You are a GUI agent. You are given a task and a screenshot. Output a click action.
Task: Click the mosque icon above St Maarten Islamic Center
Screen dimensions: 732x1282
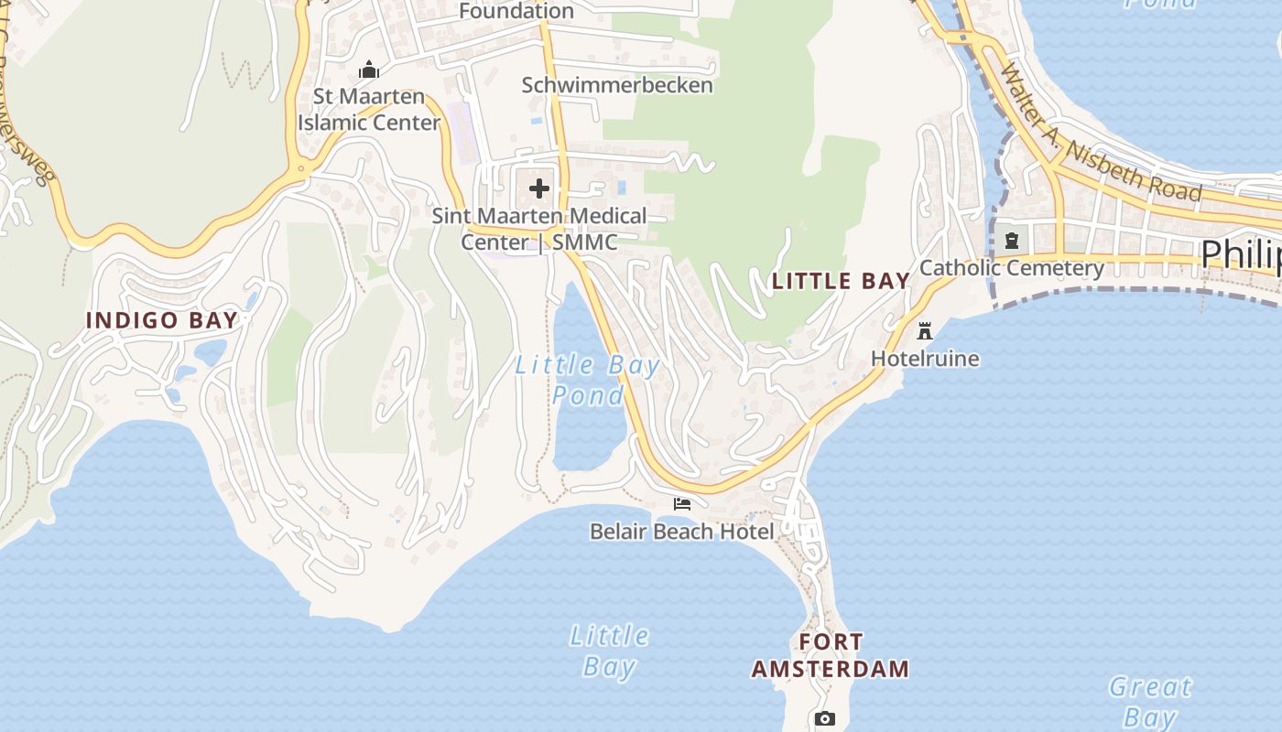[x=369, y=70]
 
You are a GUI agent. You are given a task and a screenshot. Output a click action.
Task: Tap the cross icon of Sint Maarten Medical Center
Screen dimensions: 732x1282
[x=539, y=189]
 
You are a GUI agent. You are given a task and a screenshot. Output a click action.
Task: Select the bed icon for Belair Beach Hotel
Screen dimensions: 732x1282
[x=682, y=504]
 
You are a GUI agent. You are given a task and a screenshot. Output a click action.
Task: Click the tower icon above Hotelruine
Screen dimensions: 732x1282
[x=925, y=330]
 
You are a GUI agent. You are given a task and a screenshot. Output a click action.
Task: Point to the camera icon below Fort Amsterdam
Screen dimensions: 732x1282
[x=825, y=719]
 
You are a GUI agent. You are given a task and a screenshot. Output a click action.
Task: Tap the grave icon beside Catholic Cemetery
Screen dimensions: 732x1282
[x=1012, y=242]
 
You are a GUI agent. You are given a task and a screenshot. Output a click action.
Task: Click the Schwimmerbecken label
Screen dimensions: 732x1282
[x=617, y=85]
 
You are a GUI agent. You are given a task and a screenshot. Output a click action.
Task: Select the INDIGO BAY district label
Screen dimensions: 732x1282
[x=161, y=320]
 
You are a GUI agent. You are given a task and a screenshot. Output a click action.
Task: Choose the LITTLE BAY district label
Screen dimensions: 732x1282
[x=841, y=281]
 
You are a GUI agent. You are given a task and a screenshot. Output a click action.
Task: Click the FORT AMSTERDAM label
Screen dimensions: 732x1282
[x=831, y=655]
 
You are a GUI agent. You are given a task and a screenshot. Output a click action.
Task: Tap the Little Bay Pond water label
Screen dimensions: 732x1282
[x=587, y=380]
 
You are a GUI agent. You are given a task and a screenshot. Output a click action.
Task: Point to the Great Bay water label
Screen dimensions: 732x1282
[x=1150, y=701]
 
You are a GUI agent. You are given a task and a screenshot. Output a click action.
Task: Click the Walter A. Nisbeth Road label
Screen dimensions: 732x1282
[x=1099, y=133]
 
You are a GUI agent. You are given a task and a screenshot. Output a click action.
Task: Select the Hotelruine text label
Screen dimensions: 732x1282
[x=925, y=359]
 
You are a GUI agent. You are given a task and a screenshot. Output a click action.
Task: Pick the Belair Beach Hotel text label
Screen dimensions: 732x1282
[x=682, y=532]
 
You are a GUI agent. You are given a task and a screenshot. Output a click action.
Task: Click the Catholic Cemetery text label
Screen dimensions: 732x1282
[x=1012, y=268]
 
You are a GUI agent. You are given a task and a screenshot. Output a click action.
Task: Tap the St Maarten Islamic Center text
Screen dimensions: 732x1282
[x=369, y=109]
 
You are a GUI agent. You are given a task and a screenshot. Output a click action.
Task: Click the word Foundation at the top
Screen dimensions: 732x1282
[x=516, y=11]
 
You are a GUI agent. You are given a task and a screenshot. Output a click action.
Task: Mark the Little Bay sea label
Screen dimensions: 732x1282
[x=609, y=651]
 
